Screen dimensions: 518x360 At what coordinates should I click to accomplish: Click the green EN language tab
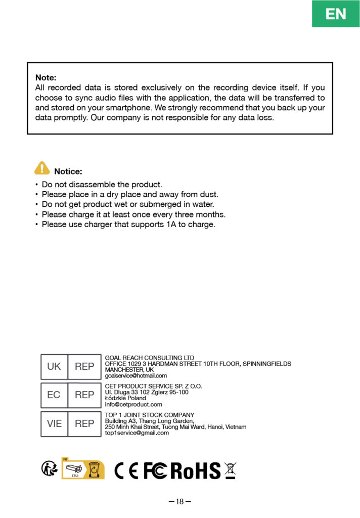pos(336,14)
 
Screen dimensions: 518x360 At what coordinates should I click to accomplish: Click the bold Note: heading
pos(46,78)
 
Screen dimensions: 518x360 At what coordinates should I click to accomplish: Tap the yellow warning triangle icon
pos(42,168)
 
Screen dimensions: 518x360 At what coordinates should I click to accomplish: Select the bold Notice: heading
pos(68,171)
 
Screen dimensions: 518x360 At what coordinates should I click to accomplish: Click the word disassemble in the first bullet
pos(93,185)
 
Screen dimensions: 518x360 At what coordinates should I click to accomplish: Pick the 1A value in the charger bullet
pos(171,224)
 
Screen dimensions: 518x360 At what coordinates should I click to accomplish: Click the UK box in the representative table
pos(54,367)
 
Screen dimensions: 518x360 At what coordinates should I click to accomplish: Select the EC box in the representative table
pos(54,395)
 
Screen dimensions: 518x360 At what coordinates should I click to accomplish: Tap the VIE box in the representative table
pos(54,424)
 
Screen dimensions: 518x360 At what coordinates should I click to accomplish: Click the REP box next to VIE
pos(84,424)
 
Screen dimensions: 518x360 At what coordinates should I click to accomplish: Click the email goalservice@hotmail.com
pos(136,376)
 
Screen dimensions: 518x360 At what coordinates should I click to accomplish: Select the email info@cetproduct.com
pos(133,404)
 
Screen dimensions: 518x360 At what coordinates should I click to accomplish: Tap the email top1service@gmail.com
pos(137,433)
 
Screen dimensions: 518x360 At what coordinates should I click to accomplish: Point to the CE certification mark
pos(126,470)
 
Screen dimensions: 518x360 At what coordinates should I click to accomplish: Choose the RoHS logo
pos(196,470)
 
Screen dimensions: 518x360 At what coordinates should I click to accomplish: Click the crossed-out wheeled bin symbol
pos(230,470)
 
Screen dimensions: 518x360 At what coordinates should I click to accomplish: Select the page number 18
pos(180,502)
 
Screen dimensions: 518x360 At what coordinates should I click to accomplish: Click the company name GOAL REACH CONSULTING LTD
pos(149,358)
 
